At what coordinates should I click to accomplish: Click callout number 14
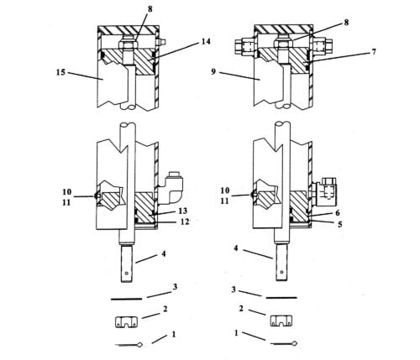tap(206, 41)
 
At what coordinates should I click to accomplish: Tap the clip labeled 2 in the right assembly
tap(280, 320)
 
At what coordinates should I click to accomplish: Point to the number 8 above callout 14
tap(151, 9)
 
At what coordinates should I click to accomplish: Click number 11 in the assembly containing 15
tap(67, 202)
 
